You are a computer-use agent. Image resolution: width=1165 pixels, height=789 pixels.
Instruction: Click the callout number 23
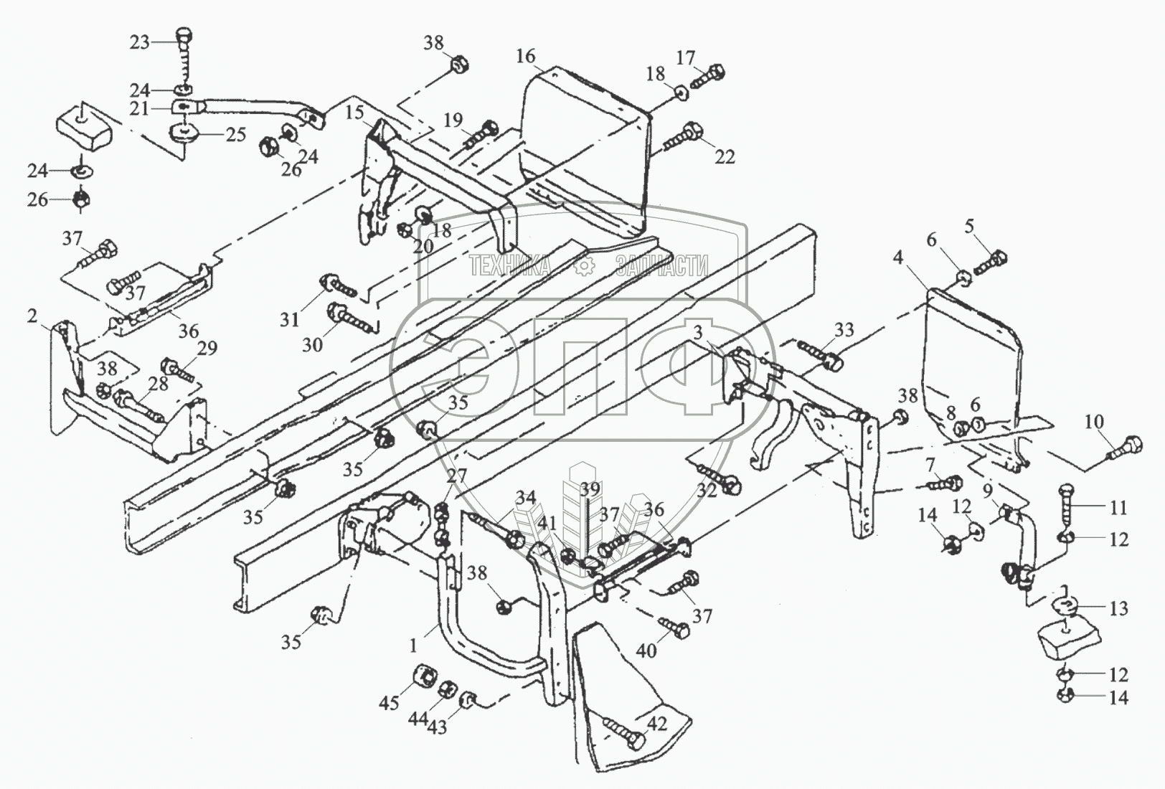tap(139, 42)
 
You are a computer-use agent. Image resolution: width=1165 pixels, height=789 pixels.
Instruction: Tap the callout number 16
tap(525, 56)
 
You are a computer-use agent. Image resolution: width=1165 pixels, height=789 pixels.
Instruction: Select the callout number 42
tap(658, 724)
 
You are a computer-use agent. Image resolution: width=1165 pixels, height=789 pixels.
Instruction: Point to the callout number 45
tap(390, 703)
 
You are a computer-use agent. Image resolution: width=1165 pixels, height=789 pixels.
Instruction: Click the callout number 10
tap(1094, 421)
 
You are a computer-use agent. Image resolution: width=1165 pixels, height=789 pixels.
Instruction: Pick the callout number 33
tap(844, 329)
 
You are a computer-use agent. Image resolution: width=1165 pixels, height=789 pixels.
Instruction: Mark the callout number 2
tap(32, 316)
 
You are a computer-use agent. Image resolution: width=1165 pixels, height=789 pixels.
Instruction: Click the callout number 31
tap(290, 319)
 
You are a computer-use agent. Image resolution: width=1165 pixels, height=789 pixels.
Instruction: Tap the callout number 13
tap(1118, 608)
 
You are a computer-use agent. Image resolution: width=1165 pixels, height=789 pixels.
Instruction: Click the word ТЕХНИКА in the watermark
tap(510, 267)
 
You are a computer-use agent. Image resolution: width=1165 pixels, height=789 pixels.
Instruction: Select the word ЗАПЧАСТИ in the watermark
tap(661, 267)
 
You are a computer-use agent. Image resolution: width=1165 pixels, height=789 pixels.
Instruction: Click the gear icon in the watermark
tap(586, 267)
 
